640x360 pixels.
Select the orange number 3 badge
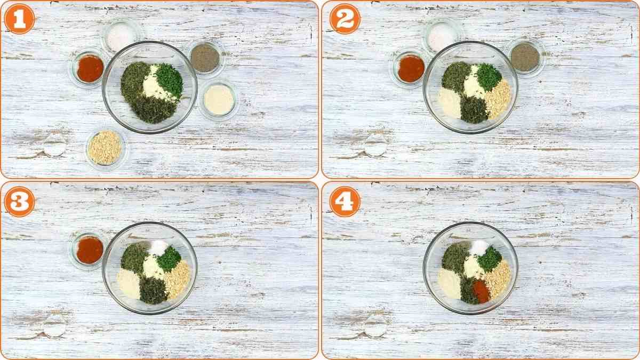19,202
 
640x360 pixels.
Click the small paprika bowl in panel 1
90,68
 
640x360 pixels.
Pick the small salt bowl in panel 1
122,36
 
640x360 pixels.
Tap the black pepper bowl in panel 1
205,58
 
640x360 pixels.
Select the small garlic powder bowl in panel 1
219,99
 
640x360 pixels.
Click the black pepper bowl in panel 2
525,57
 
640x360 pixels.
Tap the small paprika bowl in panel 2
411,68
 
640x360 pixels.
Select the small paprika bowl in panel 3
89,250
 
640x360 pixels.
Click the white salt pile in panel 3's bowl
158,247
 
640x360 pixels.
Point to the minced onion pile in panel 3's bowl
177,278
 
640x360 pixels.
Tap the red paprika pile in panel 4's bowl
481,291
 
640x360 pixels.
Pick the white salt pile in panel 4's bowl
479,247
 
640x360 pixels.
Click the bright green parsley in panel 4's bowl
490,259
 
